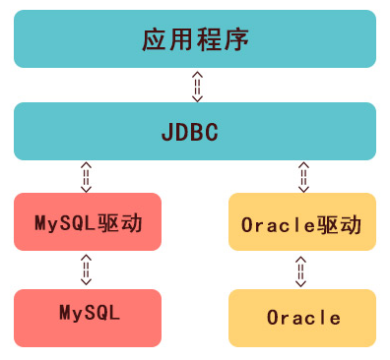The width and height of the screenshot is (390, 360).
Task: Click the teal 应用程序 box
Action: [x=195, y=39]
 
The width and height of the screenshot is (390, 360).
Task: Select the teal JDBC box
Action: [x=195, y=131]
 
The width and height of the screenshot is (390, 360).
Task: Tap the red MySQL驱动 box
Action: [x=88, y=221]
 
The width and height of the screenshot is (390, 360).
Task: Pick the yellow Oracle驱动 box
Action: [x=301, y=223]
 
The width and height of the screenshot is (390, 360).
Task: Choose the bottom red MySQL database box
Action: [x=88, y=315]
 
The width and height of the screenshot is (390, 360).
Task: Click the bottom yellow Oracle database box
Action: [x=301, y=318]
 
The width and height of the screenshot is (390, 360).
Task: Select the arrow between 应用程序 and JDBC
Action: [x=197, y=86]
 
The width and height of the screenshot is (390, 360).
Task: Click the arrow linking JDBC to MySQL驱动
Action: [x=86, y=177]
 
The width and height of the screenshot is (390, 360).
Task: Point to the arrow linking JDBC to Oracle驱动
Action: [x=303, y=177]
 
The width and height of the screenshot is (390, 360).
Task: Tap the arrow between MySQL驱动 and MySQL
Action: [x=86, y=269]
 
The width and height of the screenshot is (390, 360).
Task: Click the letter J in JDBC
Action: [x=166, y=131]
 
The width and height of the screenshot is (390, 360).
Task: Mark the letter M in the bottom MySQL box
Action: [x=65, y=315]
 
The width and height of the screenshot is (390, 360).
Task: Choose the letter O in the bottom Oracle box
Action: [x=272, y=318]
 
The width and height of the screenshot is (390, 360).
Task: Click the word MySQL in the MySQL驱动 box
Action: [x=66, y=221]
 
